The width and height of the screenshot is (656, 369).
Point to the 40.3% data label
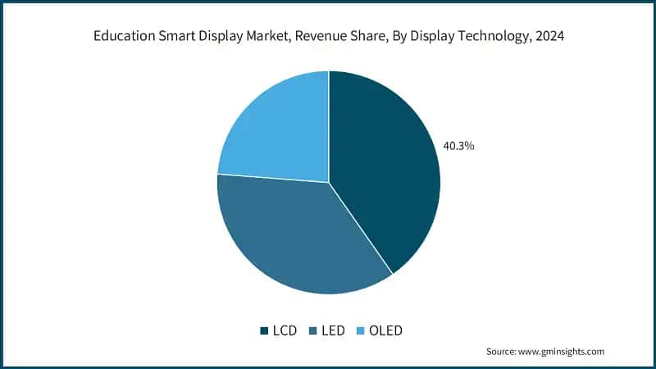click(x=459, y=146)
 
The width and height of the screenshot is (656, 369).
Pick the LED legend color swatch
click(x=312, y=330)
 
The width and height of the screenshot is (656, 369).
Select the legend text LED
click(x=333, y=330)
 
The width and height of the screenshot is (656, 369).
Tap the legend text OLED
click(x=385, y=330)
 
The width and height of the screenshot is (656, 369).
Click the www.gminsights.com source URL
click(x=561, y=351)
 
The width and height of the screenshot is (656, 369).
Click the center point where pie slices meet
click(x=329, y=182)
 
